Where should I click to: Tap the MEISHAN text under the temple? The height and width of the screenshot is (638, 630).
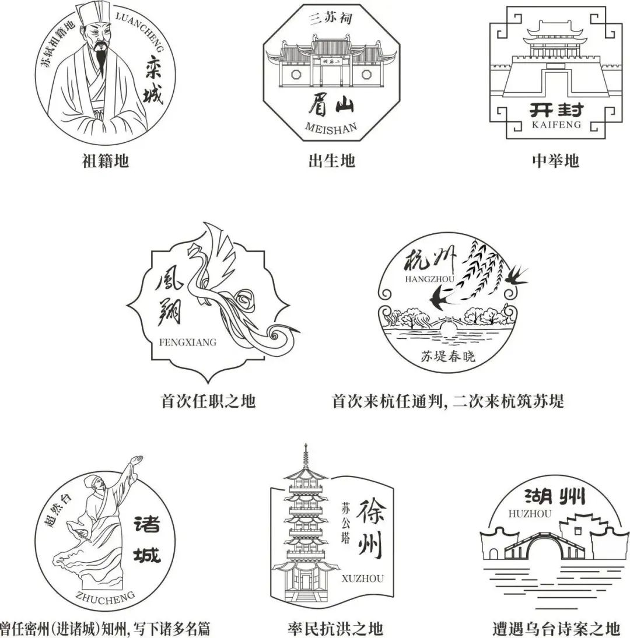pyautogui.click(x=330, y=128)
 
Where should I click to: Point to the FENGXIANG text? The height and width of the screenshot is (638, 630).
pyautogui.click(x=187, y=342)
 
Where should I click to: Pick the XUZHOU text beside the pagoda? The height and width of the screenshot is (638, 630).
pyautogui.click(x=363, y=579)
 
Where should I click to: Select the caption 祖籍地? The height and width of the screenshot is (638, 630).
pyautogui.click(x=105, y=160)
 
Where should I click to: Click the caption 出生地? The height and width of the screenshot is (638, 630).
pyautogui.click(x=331, y=160)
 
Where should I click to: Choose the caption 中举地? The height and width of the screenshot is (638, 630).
pyautogui.click(x=555, y=160)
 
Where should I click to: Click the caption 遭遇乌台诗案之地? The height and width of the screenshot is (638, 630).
pyautogui.click(x=555, y=628)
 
